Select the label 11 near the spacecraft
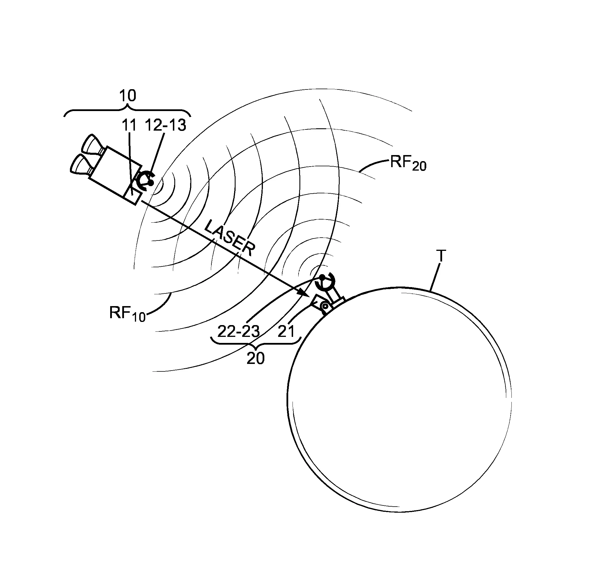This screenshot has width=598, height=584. click(129, 125)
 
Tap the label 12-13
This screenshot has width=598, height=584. click(166, 125)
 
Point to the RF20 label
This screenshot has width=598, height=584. click(408, 163)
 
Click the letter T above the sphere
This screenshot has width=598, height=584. click(441, 256)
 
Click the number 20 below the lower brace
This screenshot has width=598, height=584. click(255, 358)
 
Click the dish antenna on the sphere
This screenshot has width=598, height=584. click(326, 282)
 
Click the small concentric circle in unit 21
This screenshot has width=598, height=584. click(325, 306)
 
